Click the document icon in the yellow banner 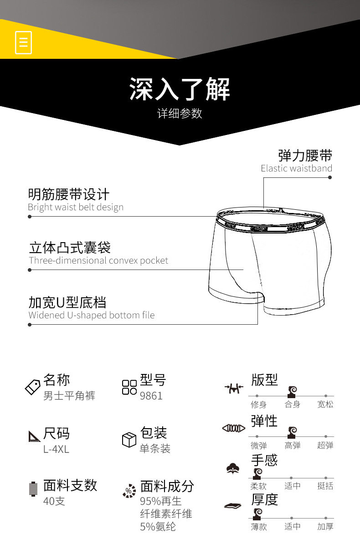(x=23, y=42)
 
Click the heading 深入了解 (x=180, y=89)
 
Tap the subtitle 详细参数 (x=180, y=114)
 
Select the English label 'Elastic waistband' (x=296, y=168)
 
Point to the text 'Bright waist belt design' (x=76, y=208)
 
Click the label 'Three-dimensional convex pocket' (x=98, y=261)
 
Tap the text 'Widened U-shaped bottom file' (x=92, y=315)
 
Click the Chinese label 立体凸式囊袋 (x=70, y=248)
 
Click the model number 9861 (x=151, y=396)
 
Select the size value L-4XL (x=56, y=449)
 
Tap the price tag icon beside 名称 (x=32, y=387)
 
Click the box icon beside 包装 (x=129, y=440)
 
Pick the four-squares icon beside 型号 (x=129, y=387)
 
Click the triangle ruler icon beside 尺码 (x=34, y=436)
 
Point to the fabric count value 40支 (x=54, y=501)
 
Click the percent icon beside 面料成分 (x=129, y=491)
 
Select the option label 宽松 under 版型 (x=325, y=405)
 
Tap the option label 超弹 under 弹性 (x=325, y=446)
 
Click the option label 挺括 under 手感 (x=325, y=486)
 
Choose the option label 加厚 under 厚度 (x=325, y=527)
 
